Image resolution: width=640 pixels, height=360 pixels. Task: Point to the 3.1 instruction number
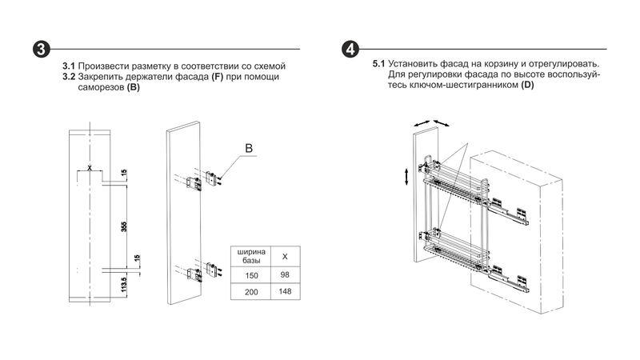69,65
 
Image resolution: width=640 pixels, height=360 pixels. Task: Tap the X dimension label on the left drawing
90,167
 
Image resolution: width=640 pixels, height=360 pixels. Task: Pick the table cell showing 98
286,274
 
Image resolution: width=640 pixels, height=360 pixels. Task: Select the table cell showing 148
286,292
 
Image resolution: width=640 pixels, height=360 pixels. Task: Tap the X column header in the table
286,256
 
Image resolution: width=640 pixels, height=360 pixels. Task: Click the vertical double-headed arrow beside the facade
407,176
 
